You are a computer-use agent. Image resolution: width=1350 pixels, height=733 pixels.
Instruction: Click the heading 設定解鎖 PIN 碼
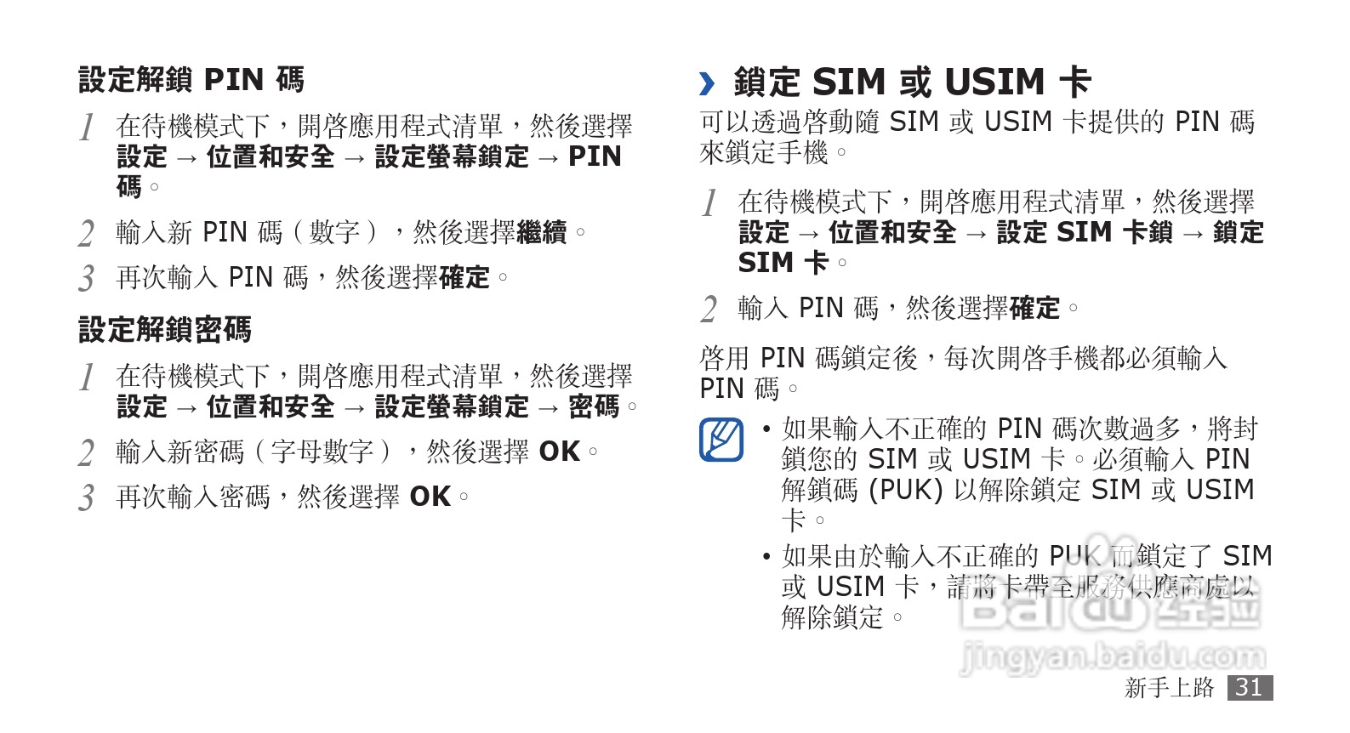(191, 80)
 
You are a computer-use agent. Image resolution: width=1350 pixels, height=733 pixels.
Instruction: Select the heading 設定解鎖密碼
(165, 330)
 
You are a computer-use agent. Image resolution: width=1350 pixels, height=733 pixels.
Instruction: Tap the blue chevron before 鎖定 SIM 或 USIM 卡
(707, 83)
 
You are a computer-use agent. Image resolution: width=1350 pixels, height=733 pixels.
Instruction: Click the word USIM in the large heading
(994, 82)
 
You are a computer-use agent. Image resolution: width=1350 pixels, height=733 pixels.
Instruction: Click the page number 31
(1249, 687)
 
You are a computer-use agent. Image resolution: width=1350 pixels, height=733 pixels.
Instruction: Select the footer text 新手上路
(1169, 687)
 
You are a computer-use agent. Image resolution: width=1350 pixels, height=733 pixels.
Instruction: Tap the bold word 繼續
(541, 232)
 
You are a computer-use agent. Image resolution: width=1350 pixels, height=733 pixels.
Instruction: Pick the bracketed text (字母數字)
(322, 452)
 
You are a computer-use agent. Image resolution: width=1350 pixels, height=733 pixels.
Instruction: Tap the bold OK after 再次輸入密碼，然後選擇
(430, 497)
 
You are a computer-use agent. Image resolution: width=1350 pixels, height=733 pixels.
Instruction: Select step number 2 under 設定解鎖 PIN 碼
(87, 234)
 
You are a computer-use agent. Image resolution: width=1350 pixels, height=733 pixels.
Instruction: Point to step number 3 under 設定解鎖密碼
(87, 498)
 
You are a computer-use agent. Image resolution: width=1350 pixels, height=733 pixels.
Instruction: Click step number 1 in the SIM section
(709, 204)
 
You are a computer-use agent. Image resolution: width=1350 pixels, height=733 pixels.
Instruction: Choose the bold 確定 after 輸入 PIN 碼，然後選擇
(1034, 308)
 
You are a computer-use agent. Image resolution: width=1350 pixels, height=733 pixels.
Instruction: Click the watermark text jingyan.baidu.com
(1113, 656)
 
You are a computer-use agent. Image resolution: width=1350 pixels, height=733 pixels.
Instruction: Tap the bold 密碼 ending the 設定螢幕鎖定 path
(594, 406)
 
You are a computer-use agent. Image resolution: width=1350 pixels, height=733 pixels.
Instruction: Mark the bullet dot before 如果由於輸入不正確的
(766, 557)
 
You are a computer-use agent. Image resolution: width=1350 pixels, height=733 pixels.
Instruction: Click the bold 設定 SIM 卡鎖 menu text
(1085, 232)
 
